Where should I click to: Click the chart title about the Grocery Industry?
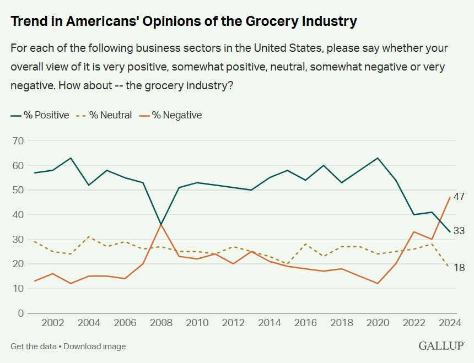(184, 22)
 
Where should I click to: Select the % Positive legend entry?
(40, 115)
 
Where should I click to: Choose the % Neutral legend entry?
(105, 115)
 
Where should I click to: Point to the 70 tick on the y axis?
(18, 141)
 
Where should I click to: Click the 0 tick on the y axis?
(21, 313)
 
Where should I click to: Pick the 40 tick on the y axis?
(18, 215)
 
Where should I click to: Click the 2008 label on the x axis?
(161, 323)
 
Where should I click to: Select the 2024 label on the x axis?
(450, 323)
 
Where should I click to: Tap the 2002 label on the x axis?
(52, 323)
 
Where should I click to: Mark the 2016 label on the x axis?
(305, 323)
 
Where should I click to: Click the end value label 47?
(459, 197)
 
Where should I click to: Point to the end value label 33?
(459, 231)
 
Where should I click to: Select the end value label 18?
(459, 268)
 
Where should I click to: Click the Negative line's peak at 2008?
(161, 224)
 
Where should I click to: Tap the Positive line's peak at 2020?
(378, 158)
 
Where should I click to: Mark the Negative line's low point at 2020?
(378, 283)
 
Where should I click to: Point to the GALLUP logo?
(441, 346)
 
